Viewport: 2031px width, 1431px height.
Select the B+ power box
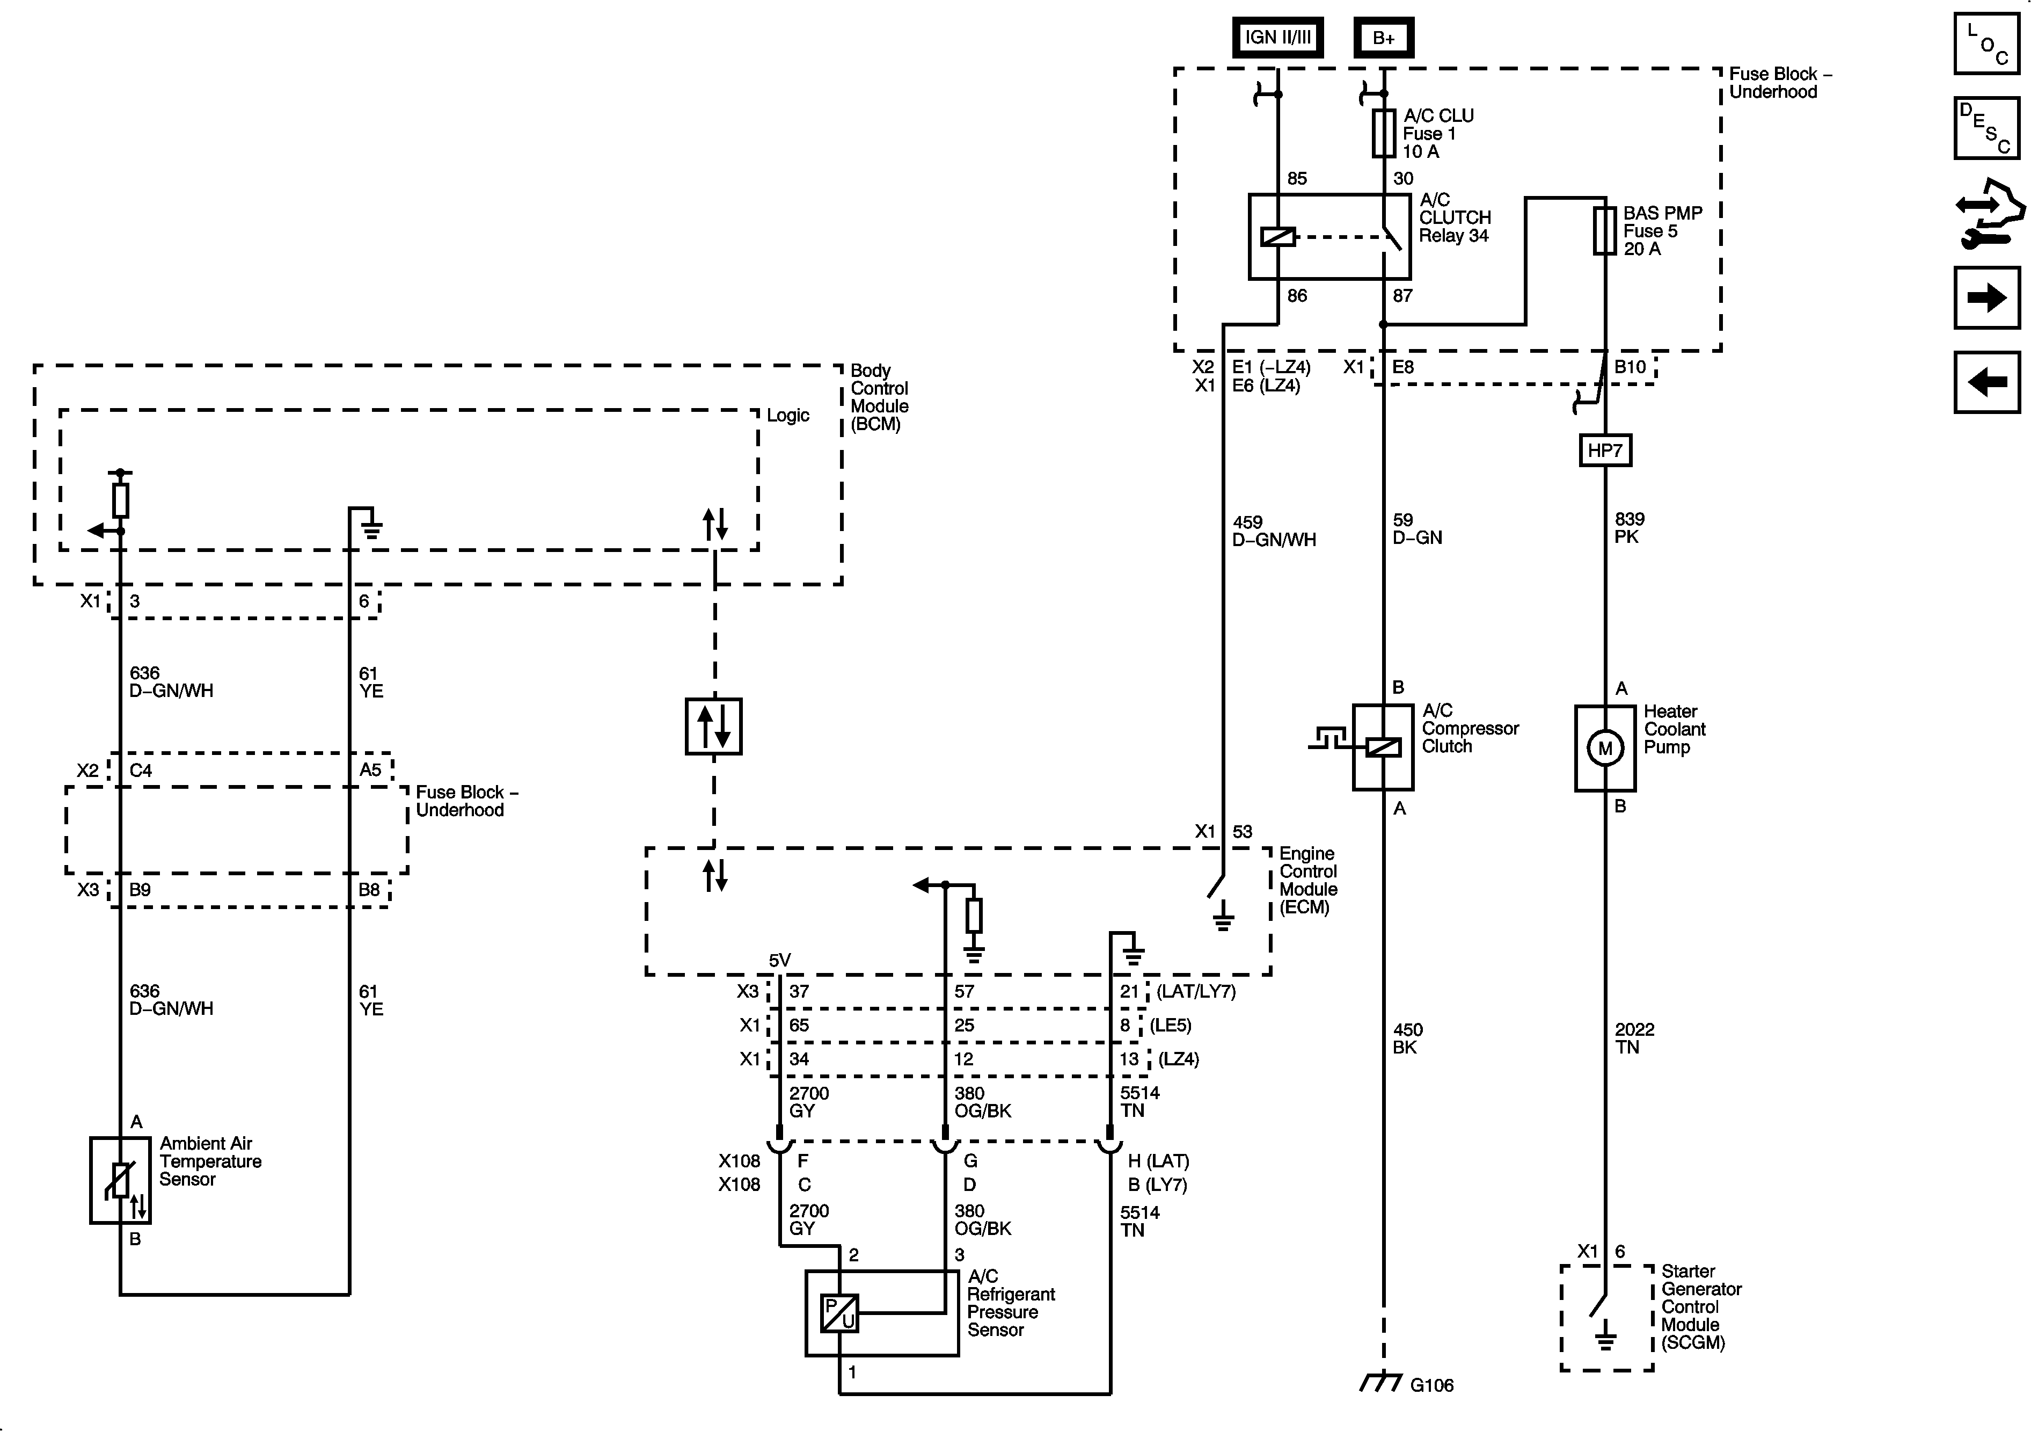(1384, 38)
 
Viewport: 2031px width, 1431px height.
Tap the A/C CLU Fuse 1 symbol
(1384, 134)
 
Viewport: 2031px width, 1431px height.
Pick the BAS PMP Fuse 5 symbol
(1605, 231)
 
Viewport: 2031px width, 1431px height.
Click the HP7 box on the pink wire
(1605, 451)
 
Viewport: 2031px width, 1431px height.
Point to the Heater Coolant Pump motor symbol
(1605, 748)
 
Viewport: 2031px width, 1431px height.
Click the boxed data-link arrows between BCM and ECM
(714, 727)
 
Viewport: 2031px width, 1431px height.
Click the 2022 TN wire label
(1634, 1038)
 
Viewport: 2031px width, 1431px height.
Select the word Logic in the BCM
(787, 415)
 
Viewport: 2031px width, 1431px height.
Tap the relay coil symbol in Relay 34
(1278, 236)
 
